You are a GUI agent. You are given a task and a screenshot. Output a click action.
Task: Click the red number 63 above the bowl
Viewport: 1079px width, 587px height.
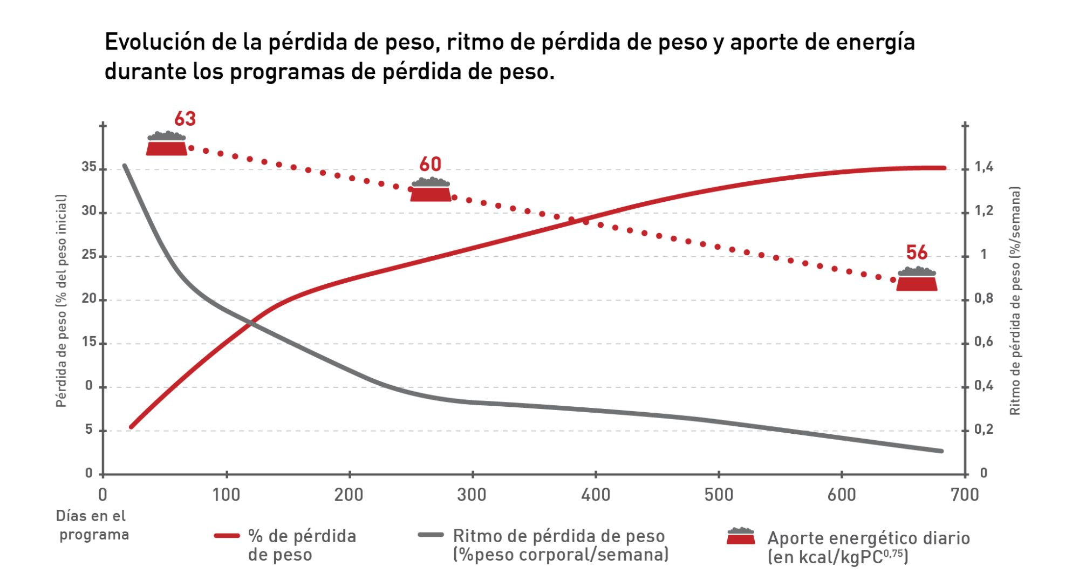185,119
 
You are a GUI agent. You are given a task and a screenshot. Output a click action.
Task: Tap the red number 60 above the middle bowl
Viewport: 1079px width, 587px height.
430,164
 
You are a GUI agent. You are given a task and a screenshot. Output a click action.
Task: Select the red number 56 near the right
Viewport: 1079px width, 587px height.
917,252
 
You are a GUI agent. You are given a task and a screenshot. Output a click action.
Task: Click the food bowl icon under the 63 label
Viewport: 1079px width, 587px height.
167,144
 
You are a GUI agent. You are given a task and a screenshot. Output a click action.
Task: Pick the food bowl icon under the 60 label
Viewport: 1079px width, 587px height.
431,190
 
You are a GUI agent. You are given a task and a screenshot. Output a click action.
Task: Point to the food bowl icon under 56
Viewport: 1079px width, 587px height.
917,279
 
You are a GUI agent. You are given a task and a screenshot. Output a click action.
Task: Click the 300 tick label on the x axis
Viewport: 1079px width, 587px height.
472,495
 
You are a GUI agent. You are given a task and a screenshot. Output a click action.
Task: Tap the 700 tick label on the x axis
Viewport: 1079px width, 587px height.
965,495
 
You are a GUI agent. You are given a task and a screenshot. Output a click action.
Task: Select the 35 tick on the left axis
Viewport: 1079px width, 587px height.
89,167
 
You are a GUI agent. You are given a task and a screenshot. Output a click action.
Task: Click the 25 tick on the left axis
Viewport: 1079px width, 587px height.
89,255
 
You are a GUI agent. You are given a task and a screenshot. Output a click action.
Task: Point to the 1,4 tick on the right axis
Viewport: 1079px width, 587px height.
984,167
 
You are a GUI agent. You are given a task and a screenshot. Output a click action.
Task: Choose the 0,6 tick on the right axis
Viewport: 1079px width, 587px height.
984,342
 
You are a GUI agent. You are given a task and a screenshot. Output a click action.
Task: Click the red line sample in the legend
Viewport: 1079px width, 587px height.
227,536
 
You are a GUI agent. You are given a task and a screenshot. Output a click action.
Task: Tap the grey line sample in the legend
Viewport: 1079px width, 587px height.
431,535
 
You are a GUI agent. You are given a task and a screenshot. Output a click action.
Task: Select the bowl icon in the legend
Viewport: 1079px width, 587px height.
740,536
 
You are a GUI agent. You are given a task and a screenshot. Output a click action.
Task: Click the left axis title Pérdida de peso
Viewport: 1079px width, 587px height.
62,301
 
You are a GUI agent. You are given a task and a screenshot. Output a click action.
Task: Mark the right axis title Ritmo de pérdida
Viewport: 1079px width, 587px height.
1015,301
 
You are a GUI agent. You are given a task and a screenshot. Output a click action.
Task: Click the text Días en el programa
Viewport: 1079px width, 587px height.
92,525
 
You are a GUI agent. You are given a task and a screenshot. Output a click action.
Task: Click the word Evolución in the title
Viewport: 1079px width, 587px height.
154,42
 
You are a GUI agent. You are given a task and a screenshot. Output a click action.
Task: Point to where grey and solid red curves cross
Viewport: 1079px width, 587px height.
251,323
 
